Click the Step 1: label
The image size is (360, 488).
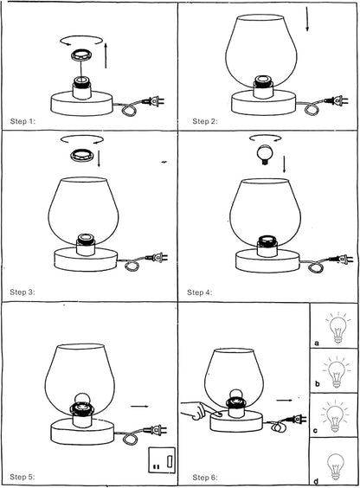tap(22, 121)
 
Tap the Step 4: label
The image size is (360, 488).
tap(199, 292)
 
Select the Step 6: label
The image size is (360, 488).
tap(205, 477)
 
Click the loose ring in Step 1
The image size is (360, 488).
tap(82, 55)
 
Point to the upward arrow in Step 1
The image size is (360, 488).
tap(106, 55)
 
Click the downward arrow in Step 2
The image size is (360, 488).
tap(307, 18)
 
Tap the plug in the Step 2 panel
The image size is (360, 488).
tap(337, 101)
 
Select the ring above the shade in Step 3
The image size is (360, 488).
tap(82, 155)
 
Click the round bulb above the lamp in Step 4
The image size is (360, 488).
tap(264, 154)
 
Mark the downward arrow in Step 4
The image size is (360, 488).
tap(284, 164)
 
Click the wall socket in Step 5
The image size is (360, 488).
tap(162, 460)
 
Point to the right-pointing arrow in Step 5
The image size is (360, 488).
tap(139, 406)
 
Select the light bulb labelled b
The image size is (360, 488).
tap(337, 372)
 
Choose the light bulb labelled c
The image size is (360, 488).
tap(335, 416)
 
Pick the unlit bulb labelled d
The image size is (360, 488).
tap(336, 467)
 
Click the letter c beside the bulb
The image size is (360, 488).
tap(316, 431)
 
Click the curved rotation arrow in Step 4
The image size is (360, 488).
tap(265, 138)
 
